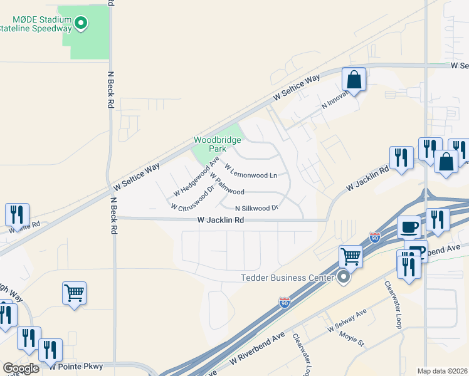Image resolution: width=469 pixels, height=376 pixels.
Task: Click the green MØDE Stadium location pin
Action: (80, 24)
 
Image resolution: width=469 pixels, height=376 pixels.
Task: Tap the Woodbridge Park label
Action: (217, 145)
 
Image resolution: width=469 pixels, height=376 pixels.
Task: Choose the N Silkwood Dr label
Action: (256, 207)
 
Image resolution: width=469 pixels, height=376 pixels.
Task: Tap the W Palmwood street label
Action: (226, 185)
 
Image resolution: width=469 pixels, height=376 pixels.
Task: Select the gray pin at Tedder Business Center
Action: (343, 276)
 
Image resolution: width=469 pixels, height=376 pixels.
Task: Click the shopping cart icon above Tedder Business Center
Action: (350, 255)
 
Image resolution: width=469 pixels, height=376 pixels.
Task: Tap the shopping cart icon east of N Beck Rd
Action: (74, 292)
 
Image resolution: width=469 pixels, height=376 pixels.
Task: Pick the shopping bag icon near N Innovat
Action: (354, 80)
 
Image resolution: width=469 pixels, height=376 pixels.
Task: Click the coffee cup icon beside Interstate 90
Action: (409, 226)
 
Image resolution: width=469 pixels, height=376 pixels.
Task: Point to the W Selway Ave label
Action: (347, 320)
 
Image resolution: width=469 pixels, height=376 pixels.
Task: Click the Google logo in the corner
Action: (21, 368)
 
